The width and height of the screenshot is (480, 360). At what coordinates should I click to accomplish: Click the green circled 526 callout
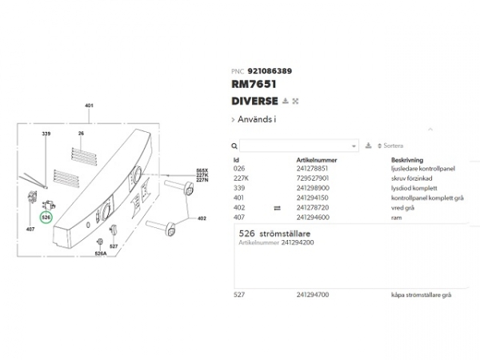tap(46, 217)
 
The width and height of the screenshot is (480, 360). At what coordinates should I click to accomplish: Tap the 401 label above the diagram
tap(89, 106)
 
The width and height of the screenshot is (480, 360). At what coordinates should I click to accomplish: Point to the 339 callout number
tap(46, 133)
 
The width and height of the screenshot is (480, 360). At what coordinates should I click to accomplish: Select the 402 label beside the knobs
tap(202, 218)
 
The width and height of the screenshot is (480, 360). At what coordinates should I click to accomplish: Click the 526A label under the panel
tap(100, 254)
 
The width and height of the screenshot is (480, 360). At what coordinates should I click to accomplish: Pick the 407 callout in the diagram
tap(30, 230)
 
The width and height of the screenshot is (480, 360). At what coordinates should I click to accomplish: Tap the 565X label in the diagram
tap(202, 170)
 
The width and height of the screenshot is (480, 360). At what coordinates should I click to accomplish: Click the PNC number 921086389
tap(270, 71)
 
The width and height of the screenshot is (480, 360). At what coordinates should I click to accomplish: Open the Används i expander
tap(254, 120)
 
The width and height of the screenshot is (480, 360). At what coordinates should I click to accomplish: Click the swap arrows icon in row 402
tap(278, 208)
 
